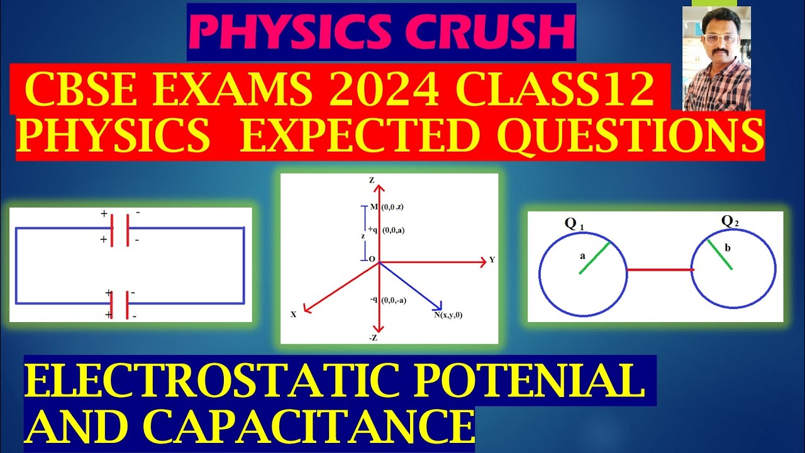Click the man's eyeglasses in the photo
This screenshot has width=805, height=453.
click(716, 38)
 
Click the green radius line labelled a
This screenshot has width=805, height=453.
click(594, 257)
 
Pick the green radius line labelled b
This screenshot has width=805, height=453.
click(719, 254)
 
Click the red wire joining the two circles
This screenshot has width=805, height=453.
click(660, 270)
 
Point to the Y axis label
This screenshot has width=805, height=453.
click(492, 260)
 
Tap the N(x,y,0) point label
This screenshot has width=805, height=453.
click(448, 315)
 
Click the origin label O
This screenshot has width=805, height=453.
click(372, 259)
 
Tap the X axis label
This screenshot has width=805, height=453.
click(293, 314)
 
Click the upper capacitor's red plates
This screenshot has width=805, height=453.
click(119, 230)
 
